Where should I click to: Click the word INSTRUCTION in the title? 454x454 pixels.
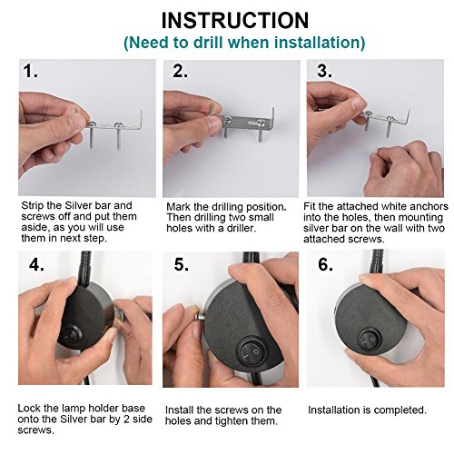tap(235, 21)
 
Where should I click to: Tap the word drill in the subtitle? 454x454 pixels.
tap(208, 43)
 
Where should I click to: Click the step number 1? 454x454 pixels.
tap(31, 72)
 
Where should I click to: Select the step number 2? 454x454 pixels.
tap(180, 72)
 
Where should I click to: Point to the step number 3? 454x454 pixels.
tap(324, 72)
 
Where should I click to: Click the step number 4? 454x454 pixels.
tap(36, 265)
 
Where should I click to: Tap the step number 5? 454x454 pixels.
tap(182, 265)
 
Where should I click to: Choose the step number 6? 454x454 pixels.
tap(326, 264)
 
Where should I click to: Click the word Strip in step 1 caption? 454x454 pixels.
tap(32, 206)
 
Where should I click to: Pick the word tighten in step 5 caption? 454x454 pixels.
tap(241, 421)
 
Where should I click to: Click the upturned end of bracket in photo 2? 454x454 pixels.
tap(272, 114)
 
